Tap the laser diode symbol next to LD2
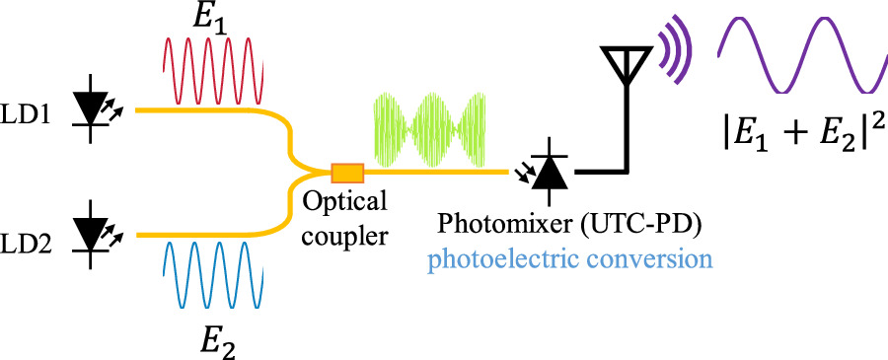click(94, 235)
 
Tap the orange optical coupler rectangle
click(347, 174)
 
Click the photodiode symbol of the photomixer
click(550, 172)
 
